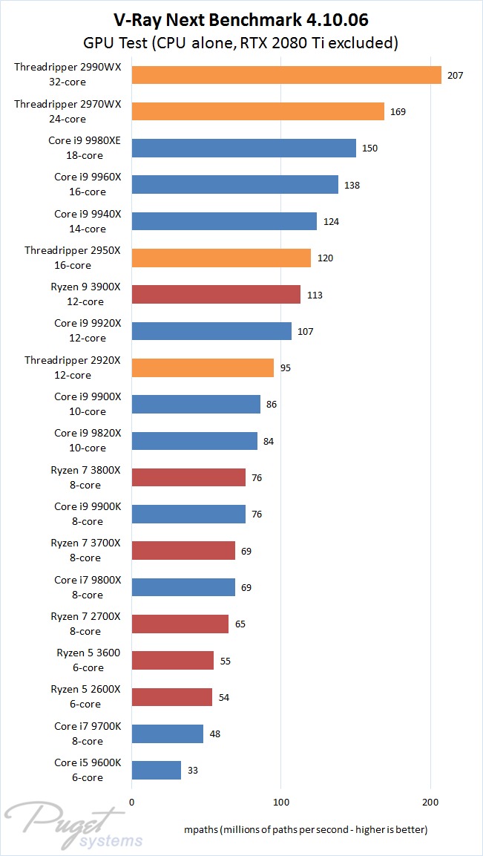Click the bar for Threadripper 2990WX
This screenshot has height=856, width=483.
(x=286, y=75)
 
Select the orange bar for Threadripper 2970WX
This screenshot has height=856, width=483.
(x=257, y=111)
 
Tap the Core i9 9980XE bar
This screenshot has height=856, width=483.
(x=243, y=148)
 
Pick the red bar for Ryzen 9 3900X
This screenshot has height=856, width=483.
(x=216, y=295)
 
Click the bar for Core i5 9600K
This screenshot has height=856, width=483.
(x=156, y=770)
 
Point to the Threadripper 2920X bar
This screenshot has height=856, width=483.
(x=203, y=367)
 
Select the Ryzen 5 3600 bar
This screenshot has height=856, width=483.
(x=172, y=660)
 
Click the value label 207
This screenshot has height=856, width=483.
(x=456, y=75)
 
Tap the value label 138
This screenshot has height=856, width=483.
(x=352, y=185)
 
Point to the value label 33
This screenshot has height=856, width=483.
(x=192, y=771)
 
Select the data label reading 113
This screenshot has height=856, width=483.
(x=314, y=295)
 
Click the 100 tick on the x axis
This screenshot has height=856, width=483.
(x=281, y=801)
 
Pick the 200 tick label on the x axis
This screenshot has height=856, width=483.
(x=430, y=801)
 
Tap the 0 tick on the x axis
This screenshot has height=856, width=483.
(x=131, y=801)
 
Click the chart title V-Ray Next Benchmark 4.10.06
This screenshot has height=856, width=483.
(x=241, y=19)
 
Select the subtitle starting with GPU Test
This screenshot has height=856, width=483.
(x=241, y=44)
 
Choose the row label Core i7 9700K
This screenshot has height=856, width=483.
(x=79, y=734)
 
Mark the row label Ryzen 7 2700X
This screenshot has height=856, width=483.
(x=75, y=624)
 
